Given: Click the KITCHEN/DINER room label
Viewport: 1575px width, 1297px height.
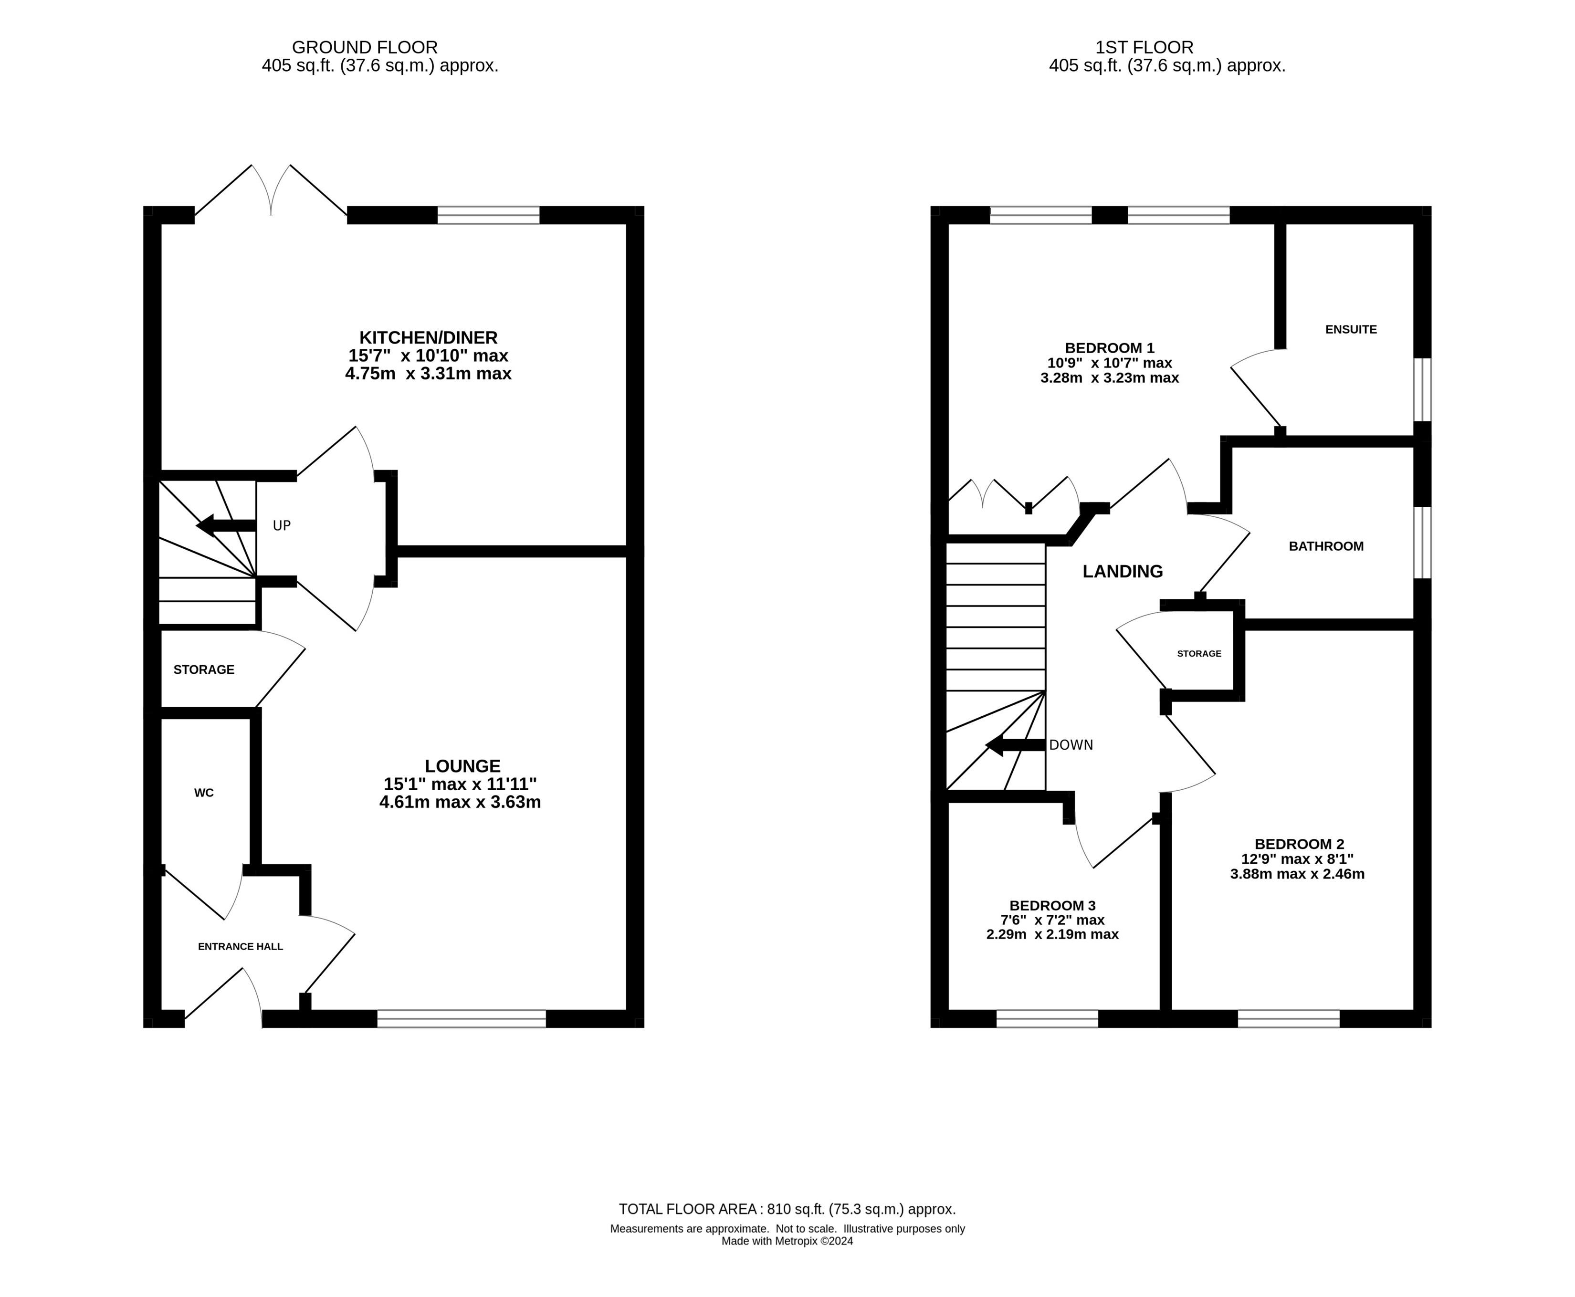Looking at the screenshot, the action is pyautogui.click(x=428, y=338).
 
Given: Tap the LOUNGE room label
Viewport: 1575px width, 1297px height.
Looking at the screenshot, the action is pyautogui.click(x=462, y=766).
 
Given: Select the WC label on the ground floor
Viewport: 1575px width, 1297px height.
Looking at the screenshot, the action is pyautogui.click(x=204, y=793).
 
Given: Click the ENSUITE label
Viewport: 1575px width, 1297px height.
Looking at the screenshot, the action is pyautogui.click(x=1351, y=329).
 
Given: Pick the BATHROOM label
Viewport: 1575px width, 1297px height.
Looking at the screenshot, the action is pyautogui.click(x=1326, y=546).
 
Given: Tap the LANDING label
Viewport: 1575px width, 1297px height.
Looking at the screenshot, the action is pyautogui.click(x=1123, y=572).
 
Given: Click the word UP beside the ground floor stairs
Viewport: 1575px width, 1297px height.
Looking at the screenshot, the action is pyautogui.click(x=282, y=526).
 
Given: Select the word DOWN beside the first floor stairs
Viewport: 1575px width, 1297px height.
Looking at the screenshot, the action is pyautogui.click(x=1071, y=745).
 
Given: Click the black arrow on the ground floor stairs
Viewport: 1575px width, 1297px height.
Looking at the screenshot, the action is pyautogui.click(x=226, y=526).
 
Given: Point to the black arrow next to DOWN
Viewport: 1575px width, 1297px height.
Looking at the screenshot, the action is pyautogui.click(x=1015, y=745).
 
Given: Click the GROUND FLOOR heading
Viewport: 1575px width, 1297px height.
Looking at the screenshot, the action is pyautogui.click(x=365, y=48).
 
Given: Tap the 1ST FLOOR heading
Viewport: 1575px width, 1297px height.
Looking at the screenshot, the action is pyautogui.click(x=1144, y=48).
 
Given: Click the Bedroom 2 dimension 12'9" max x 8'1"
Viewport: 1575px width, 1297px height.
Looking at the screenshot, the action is pyautogui.click(x=1298, y=859).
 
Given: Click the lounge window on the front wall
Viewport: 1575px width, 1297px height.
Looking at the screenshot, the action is pyautogui.click(x=462, y=1018).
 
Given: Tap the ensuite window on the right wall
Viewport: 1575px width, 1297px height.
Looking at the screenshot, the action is pyautogui.click(x=1423, y=389).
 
